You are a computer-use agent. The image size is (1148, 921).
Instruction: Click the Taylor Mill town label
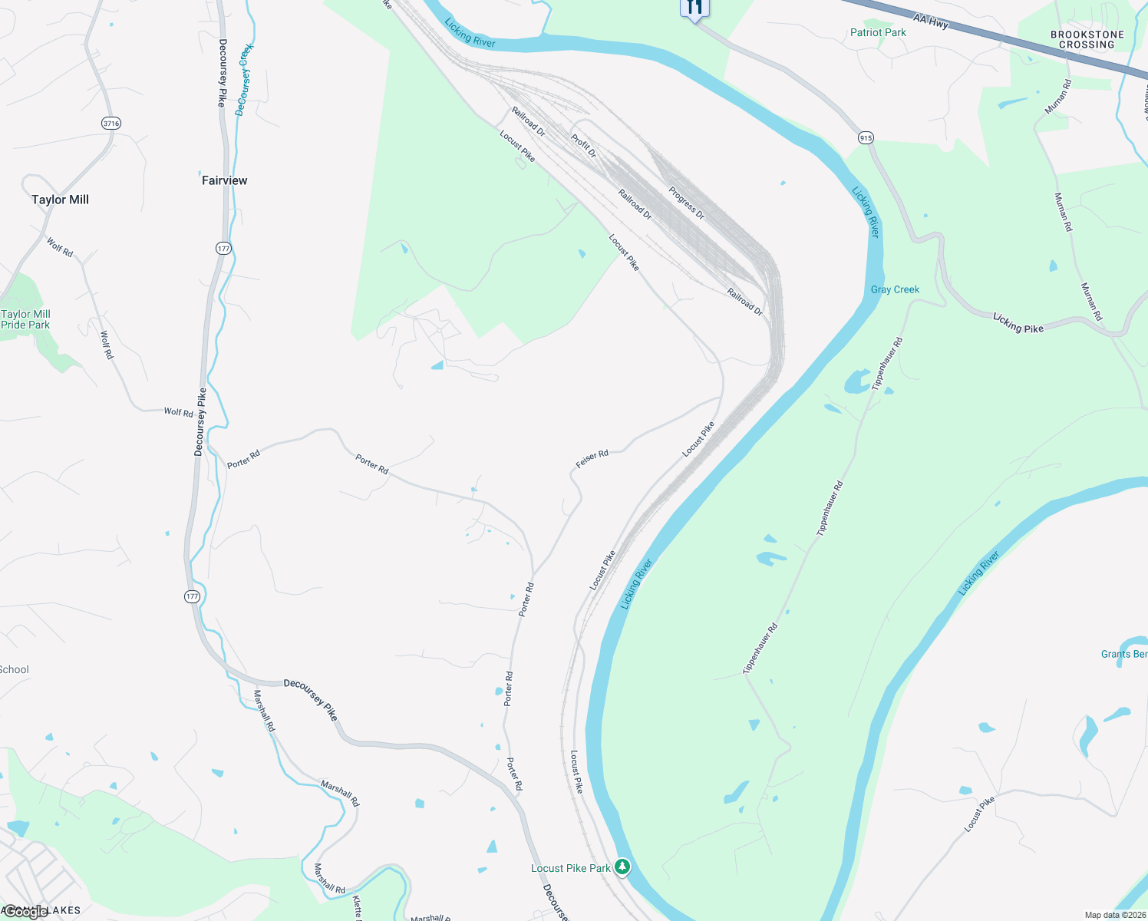pyautogui.click(x=60, y=200)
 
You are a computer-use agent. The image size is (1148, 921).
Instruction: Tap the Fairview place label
pyautogui.click(x=224, y=180)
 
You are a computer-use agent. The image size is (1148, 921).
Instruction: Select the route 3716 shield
pyautogui.click(x=111, y=123)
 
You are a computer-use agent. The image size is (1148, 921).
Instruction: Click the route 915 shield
pyautogui.click(x=866, y=138)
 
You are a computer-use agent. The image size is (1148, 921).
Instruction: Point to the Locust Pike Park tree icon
pyautogui.click(x=622, y=867)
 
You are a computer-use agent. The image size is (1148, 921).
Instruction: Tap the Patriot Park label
pyautogui.click(x=878, y=32)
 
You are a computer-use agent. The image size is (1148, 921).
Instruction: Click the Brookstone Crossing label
pyautogui.click(x=1087, y=40)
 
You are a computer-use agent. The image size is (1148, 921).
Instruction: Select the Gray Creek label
pyautogui.click(x=895, y=289)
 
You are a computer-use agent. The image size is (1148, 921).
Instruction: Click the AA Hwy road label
pyautogui.click(x=931, y=21)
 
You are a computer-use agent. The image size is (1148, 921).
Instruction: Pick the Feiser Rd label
pyautogui.click(x=592, y=459)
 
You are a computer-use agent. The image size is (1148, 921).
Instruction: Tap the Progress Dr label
pyautogui.click(x=686, y=203)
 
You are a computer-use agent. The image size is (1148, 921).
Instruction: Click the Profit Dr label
pyautogui.click(x=583, y=145)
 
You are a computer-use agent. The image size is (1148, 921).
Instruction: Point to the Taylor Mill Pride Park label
pyautogui.click(x=25, y=319)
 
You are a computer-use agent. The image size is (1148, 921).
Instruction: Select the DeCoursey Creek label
pyautogui.click(x=244, y=80)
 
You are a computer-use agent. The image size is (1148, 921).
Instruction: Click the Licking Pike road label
pyautogui.click(x=1018, y=323)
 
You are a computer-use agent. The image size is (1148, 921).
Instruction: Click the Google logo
pyautogui.click(x=25, y=912)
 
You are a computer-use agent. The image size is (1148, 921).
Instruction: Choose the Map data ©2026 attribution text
pyautogui.click(x=1114, y=915)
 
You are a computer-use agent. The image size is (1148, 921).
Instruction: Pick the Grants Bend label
pyautogui.click(x=1124, y=654)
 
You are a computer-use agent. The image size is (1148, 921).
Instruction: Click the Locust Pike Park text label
pyautogui.click(x=570, y=868)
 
